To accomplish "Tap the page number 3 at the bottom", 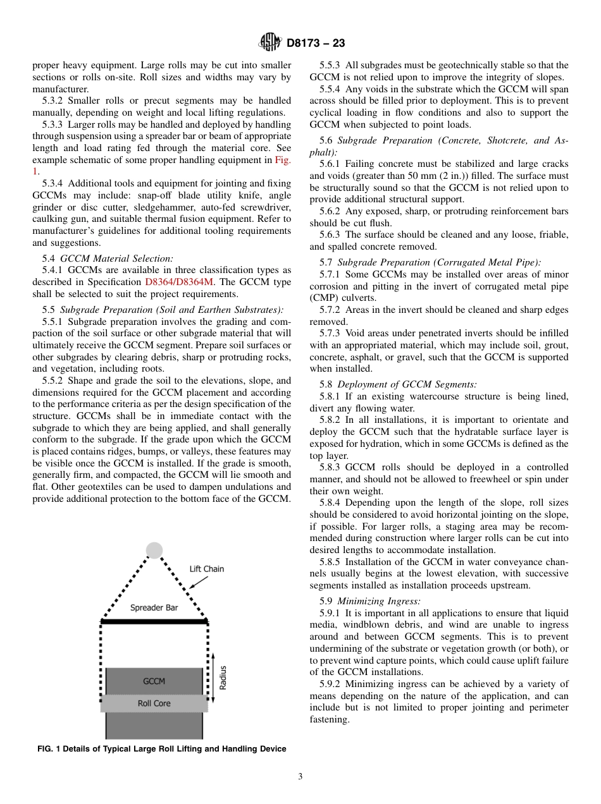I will tap(300, 776).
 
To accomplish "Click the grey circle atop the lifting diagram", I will tap(154, 551).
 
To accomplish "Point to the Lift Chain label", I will tap(207, 569).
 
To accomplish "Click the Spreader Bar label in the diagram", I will tap(154, 608).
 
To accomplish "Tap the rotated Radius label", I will tap(223, 678).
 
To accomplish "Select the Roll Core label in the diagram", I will tap(154, 703).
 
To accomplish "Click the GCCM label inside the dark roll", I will tap(154, 681).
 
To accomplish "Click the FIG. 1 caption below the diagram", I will tap(162, 749).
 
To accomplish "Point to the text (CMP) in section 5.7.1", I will tap(325, 298).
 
